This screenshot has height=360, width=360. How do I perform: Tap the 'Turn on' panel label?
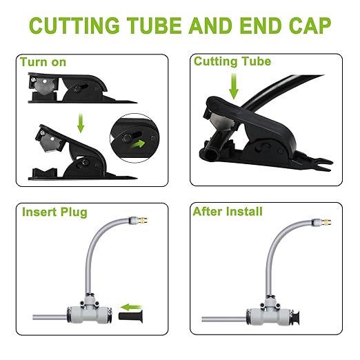click(43, 62)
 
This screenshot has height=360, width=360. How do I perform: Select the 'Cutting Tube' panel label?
click(232, 61)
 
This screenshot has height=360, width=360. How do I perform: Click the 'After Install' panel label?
click(228, 211)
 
